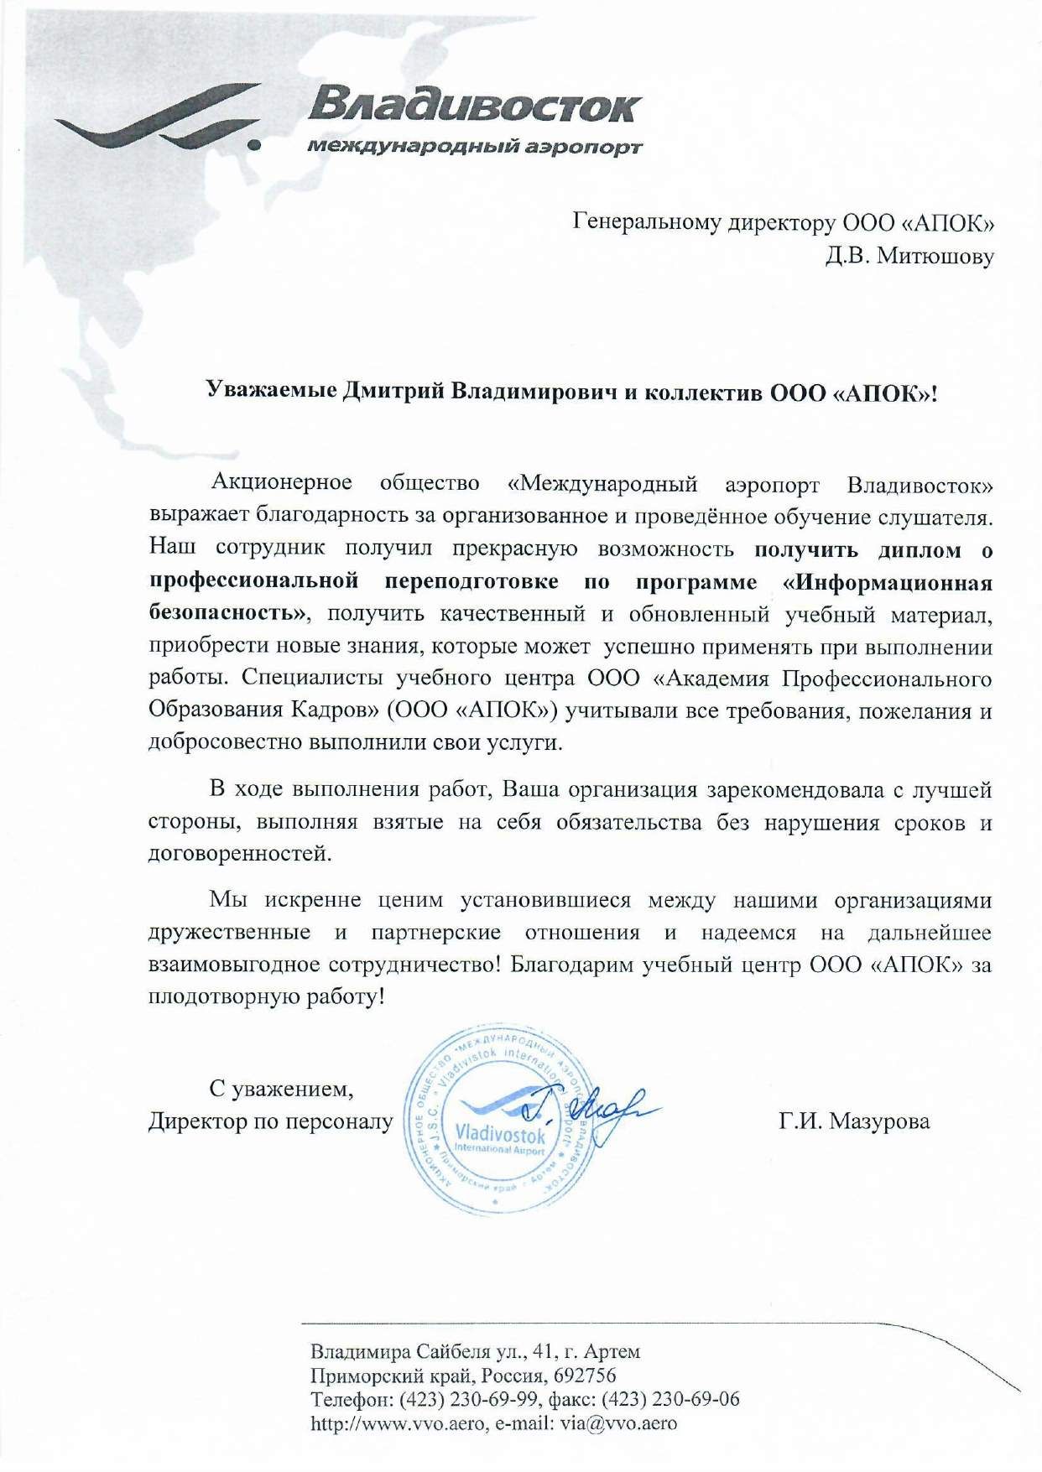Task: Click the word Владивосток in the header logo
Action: (x=474, y=107)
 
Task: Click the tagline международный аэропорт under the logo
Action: (x=475, y=148)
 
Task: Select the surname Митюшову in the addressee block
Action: (x=935, y=256)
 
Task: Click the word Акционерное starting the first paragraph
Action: (x=282, y=484)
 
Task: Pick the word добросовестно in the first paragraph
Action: (x=226, y=742)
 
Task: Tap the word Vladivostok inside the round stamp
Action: (x=500, y=1135)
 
